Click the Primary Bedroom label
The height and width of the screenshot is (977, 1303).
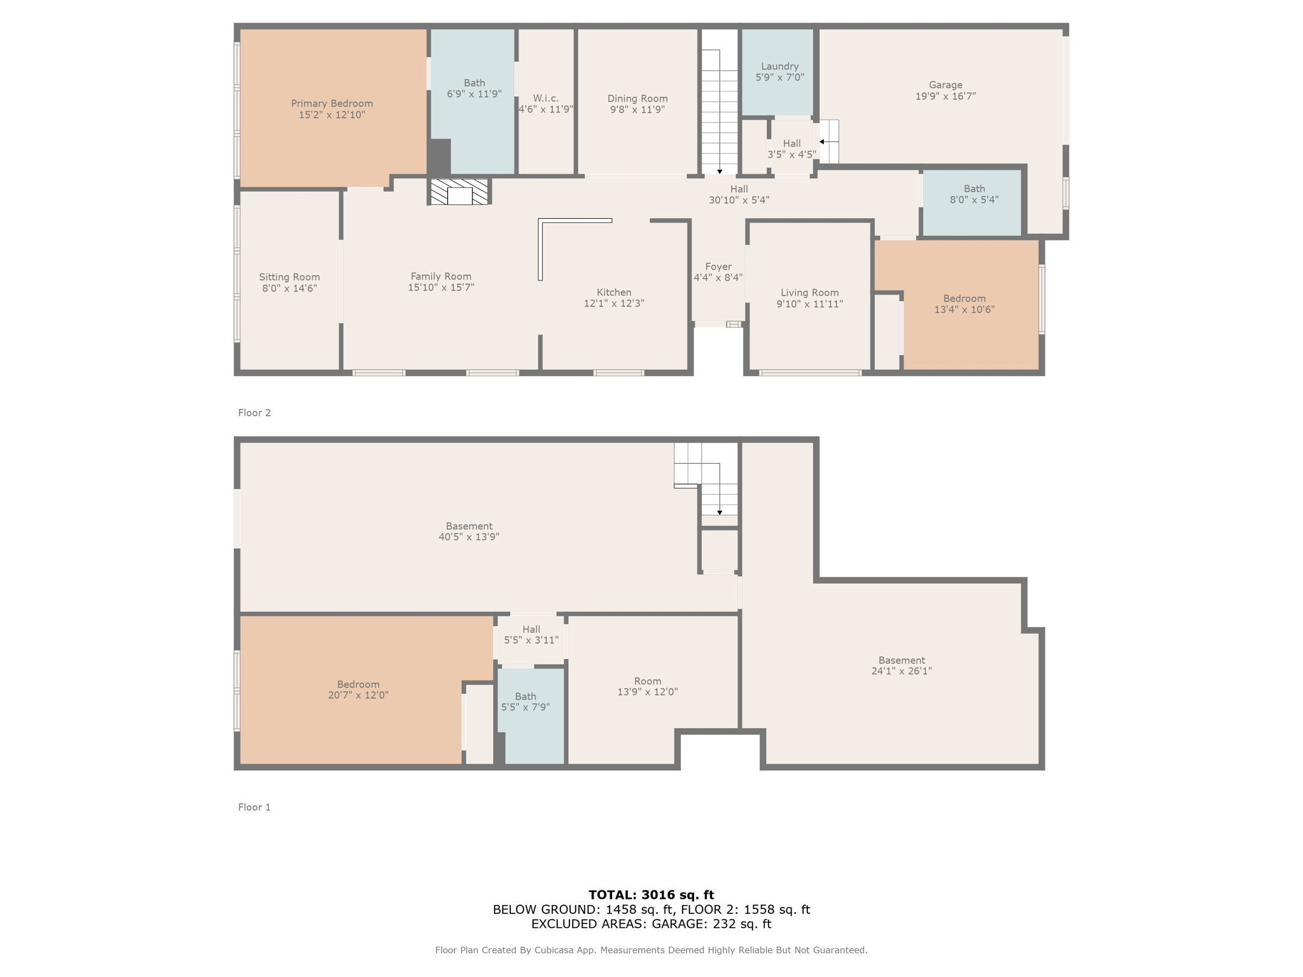(x=331, y=104)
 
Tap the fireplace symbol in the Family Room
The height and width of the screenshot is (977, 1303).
(x=459, y=192)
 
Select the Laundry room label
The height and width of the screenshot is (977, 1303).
(x=779, y=66)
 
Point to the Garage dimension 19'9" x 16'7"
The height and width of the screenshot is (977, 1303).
(x=945, y=96)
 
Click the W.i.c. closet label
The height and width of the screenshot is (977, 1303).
(x=546, y=98)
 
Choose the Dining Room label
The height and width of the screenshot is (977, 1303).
(x=638, y=99)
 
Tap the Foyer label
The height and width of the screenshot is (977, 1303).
(x=718, y=267)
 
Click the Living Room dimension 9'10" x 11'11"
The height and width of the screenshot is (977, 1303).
(x=809, y=304)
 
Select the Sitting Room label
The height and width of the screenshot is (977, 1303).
(x=289, y=277)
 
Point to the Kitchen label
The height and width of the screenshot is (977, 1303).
(x=614, y=293)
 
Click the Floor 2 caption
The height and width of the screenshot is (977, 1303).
(x=254, y=413)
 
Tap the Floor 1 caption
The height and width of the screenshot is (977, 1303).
(x=254, y=807)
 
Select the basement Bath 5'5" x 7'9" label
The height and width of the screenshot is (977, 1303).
(x=526, y=702)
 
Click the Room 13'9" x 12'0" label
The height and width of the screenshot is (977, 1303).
(x=648, y=686)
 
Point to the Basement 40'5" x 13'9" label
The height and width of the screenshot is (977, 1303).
(x=469, y=531)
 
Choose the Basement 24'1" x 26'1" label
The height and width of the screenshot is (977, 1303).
(x=902, y=665)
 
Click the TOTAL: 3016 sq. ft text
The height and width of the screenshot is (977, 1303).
(x=651, y=895)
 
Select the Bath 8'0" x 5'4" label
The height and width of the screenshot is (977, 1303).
(x=974, y=194)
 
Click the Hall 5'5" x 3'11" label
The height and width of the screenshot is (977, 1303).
(x=531, y=635)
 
